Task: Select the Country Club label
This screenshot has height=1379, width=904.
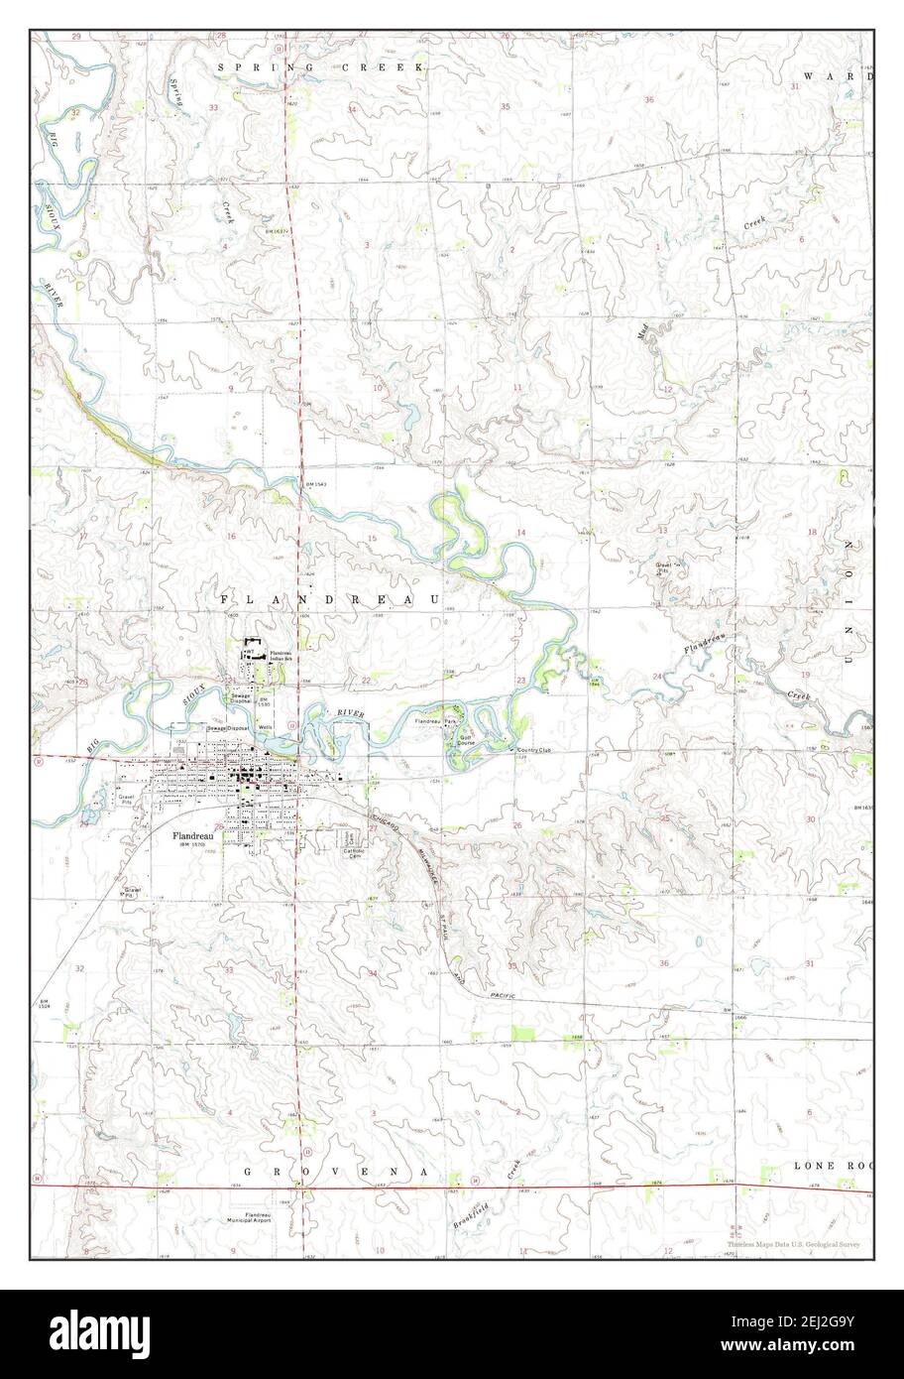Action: click(532, 750)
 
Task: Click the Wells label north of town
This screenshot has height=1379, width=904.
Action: click(266, 727)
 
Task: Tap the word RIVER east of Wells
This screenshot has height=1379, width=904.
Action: click(350, 715)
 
